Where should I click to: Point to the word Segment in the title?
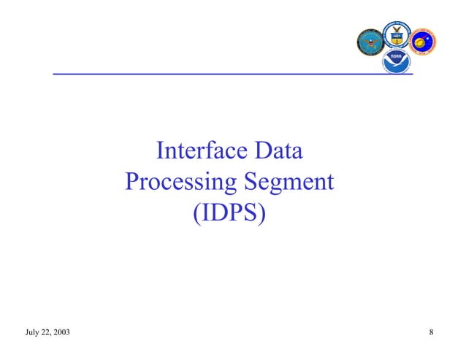click(x=289, y=183)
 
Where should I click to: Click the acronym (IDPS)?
click(x=229, y=213)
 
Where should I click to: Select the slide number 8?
click(x=432, y=334)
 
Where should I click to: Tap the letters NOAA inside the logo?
click(x=397, y=56)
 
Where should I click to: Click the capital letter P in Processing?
click(x=131, y=183)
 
